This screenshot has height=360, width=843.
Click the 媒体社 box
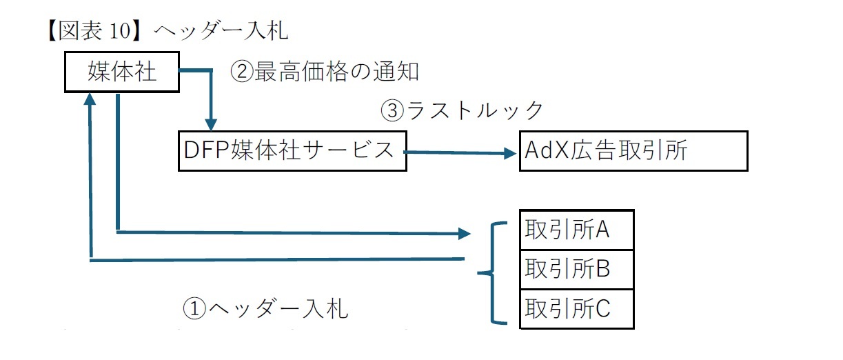pyautogui.click(x=122, y=72)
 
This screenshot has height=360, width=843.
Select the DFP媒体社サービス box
pyautogui.click(x=292, y=150)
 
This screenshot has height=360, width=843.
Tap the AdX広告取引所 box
pyautogui.click(x=633, y=151)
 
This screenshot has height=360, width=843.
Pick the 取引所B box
pyautogui.click(x=576, y=269)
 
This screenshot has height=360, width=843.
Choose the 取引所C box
pyautogui.click(x=576, y=308)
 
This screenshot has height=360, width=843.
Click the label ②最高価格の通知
pyautogui.click(x=325, y=72)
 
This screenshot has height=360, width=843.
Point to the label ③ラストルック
pyautogui.click(x=463, y=110)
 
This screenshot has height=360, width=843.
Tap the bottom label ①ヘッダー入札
pyautogui.click(x=265, y=308)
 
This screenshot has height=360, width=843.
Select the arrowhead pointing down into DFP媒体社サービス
pyautogui.click(x=212, y=123)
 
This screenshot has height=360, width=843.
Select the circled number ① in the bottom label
pyautogui.click(x=195, y=308)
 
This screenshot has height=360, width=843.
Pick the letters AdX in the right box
pyautogui.click(x=543, y=151)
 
